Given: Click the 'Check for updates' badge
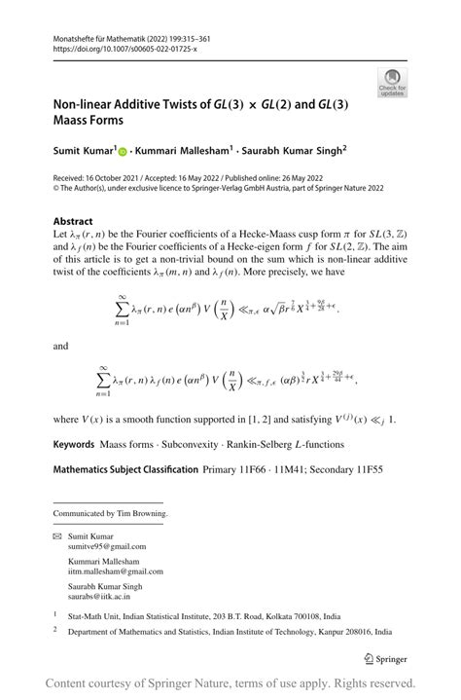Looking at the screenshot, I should (395, 82).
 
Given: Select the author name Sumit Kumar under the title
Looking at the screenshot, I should (84, 152).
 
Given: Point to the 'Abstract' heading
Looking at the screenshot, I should (73, 222).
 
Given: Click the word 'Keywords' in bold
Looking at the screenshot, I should (74, 444).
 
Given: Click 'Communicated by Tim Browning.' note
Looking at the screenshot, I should (110, 513).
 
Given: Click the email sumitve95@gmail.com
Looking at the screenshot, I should (106, 547).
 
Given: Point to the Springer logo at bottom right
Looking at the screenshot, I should (389, 657).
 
